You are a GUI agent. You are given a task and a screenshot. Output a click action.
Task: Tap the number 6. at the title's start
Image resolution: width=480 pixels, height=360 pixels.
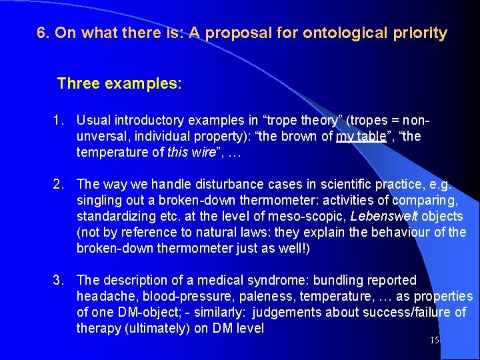(x=44, y=33)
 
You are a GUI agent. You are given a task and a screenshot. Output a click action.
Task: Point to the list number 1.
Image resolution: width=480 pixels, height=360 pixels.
(x=59, y=121)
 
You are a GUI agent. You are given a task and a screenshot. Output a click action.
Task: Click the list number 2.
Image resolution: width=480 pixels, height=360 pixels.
(x=59, y=185)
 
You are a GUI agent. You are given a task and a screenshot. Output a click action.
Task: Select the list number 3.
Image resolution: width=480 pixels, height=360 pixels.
(x=59, y=281)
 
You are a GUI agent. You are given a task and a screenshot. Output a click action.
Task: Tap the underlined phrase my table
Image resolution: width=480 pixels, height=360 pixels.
(x=363, y=137)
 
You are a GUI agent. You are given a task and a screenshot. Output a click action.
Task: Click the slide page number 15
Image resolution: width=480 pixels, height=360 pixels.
(x=435, y=341)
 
